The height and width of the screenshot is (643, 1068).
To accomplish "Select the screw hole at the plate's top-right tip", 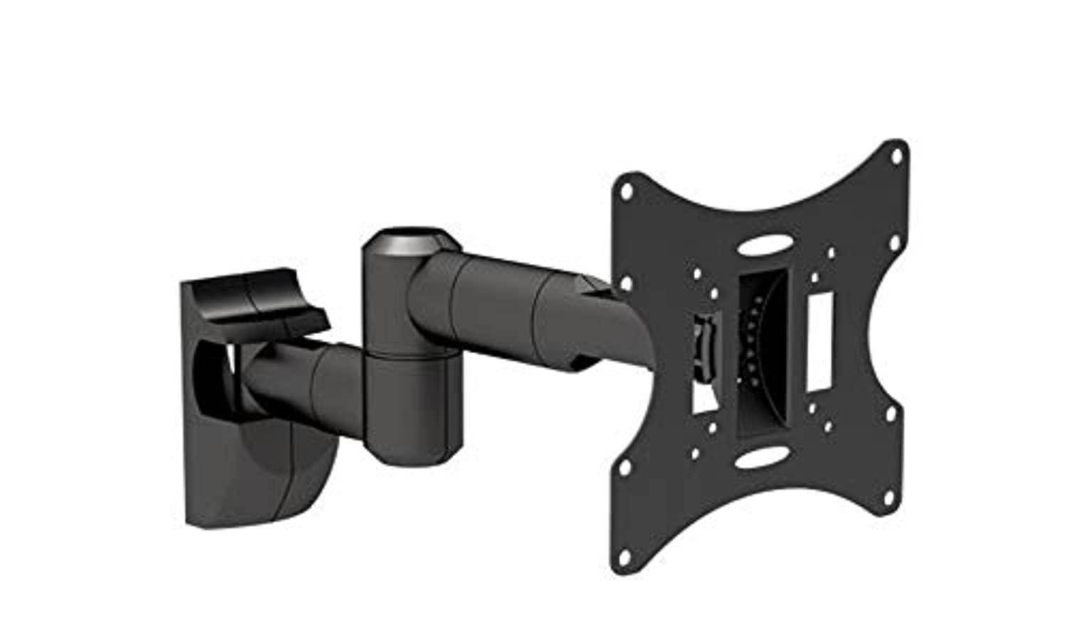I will click(x=899, y=154).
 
